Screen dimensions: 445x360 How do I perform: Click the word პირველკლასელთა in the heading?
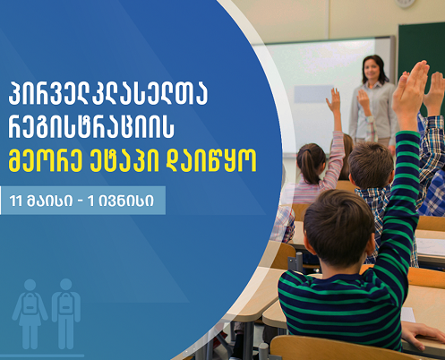tap(107, 94)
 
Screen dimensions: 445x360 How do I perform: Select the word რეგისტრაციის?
tap(91, 127)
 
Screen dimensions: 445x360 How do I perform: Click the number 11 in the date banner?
tap(16, 201)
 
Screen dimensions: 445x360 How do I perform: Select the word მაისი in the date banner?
tap(49, 201)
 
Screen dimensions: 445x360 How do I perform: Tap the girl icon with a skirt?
tap(30, 313)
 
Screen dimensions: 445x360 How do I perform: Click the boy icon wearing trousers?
tap(66, 313)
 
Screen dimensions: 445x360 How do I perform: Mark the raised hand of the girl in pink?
tap(334, 100)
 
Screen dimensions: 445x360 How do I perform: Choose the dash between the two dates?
tap(80, 201)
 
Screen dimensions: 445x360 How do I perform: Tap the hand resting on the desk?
tap(424, 335)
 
